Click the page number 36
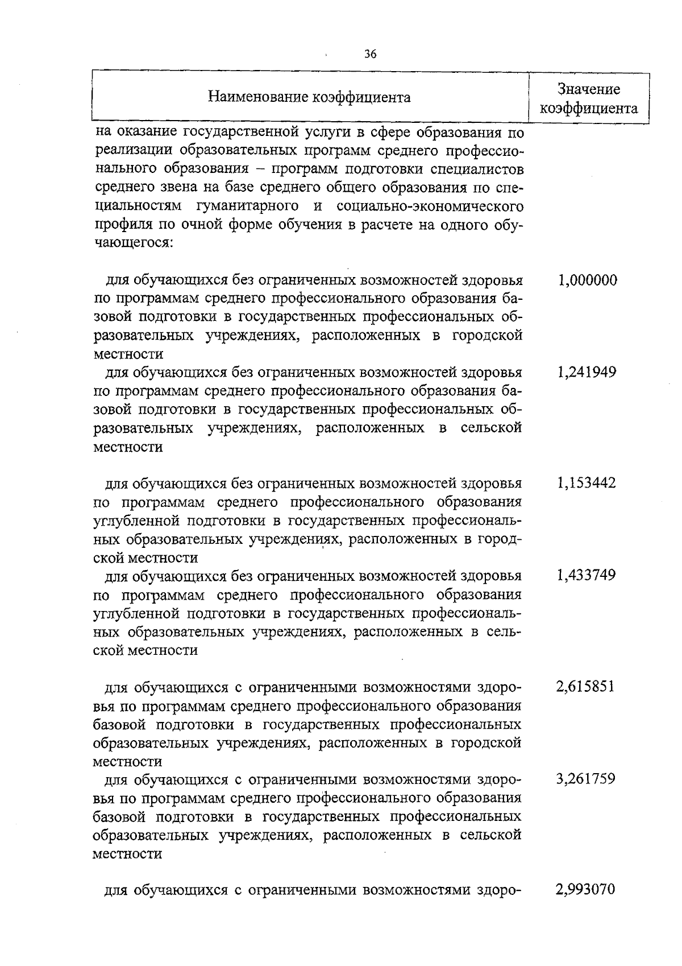[x=370, y=55]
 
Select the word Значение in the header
[x=588, y=89]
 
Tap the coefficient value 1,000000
[x=587, y=280]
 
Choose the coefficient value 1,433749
[x=587, y=575]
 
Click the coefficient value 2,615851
[x=585, y=687]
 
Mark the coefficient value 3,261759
[x=585, y=779]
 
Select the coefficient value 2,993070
[x=585, y=889]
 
